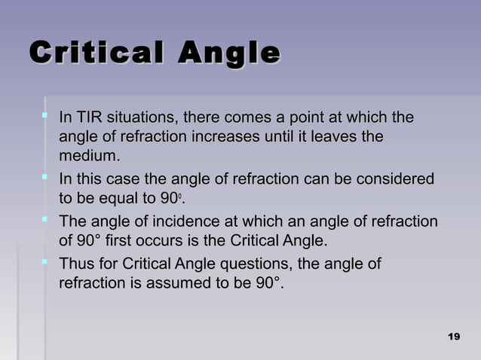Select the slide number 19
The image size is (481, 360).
[453, 335]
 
